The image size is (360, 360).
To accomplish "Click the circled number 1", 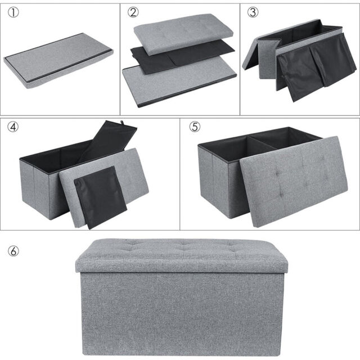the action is coord(13,12).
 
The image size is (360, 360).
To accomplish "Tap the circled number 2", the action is coord(133,12).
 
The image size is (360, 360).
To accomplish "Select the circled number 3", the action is coord(253,12).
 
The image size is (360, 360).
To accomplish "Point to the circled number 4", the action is coord(13,127).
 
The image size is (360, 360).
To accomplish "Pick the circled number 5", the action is coord(195,127).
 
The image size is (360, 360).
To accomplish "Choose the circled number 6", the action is coord(13,251).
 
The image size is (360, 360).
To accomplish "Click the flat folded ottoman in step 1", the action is coord(58,61).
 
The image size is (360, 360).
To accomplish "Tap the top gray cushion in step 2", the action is coord(184,33).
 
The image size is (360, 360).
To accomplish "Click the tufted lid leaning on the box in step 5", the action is coord(294,181).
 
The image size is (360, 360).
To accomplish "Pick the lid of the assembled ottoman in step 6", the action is coord(181,255).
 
